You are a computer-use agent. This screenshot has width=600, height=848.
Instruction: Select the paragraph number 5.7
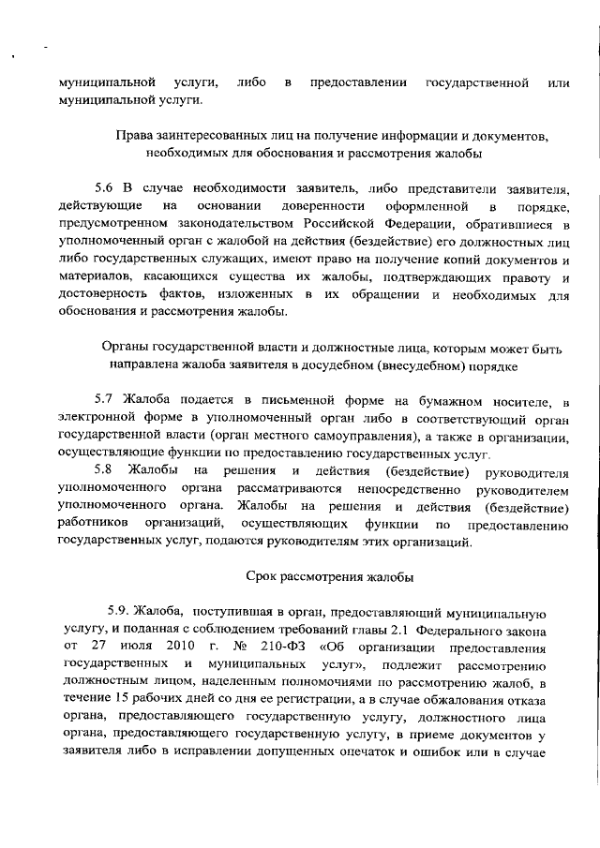[x=107, y=401]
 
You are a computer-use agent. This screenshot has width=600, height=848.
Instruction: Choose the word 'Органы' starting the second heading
[x=125, y=348]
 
